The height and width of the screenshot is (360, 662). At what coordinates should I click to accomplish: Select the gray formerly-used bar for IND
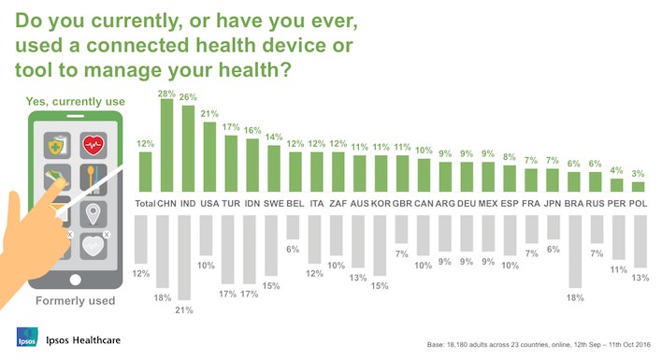pyautogui.click(x=188, y=261)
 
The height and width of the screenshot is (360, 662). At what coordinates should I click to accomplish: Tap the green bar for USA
pyautogui.click(x=209, y=156)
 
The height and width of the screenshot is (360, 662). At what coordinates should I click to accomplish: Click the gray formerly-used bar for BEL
pyautogui.click(x=295, y=228)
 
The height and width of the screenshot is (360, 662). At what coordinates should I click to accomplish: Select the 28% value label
pyautogui.click(x=166, y=93)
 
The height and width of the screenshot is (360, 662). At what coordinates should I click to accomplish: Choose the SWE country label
pyautogui.click(x=273, y=202)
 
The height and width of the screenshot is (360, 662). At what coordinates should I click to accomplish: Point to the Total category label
pyautogui.click(x=144, y=202)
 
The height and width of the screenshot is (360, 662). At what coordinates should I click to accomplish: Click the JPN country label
pyautogui.click(x=552, y=202)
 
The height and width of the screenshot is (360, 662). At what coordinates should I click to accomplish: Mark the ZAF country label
pyautogui.click(x=338, y=202)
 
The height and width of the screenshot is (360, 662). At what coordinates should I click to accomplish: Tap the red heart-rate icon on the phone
pyautogui.click(x=93, y=145)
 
